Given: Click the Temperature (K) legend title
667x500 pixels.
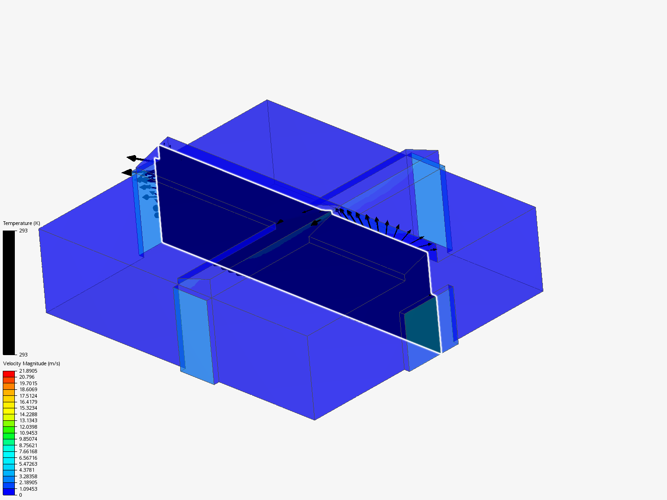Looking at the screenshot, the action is (x=22, y=224).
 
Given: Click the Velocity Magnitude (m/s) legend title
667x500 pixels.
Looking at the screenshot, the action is (x=31, y=364).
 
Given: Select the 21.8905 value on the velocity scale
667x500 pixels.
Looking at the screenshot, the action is (x=28, y=371).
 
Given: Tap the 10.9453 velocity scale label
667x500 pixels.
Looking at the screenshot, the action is (x=28, y=433).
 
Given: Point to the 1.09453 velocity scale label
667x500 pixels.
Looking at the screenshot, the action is (x=28, y=489).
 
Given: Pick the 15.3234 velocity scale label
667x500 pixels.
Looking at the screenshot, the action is (x=28, y=408).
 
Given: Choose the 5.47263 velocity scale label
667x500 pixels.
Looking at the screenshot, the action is (x=28, y=464).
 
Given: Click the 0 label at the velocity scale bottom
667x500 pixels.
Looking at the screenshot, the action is (x=20, y=495).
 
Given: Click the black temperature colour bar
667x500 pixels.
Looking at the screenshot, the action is (x=9, y=293).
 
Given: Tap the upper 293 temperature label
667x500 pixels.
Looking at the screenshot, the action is (x=24, y=231).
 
